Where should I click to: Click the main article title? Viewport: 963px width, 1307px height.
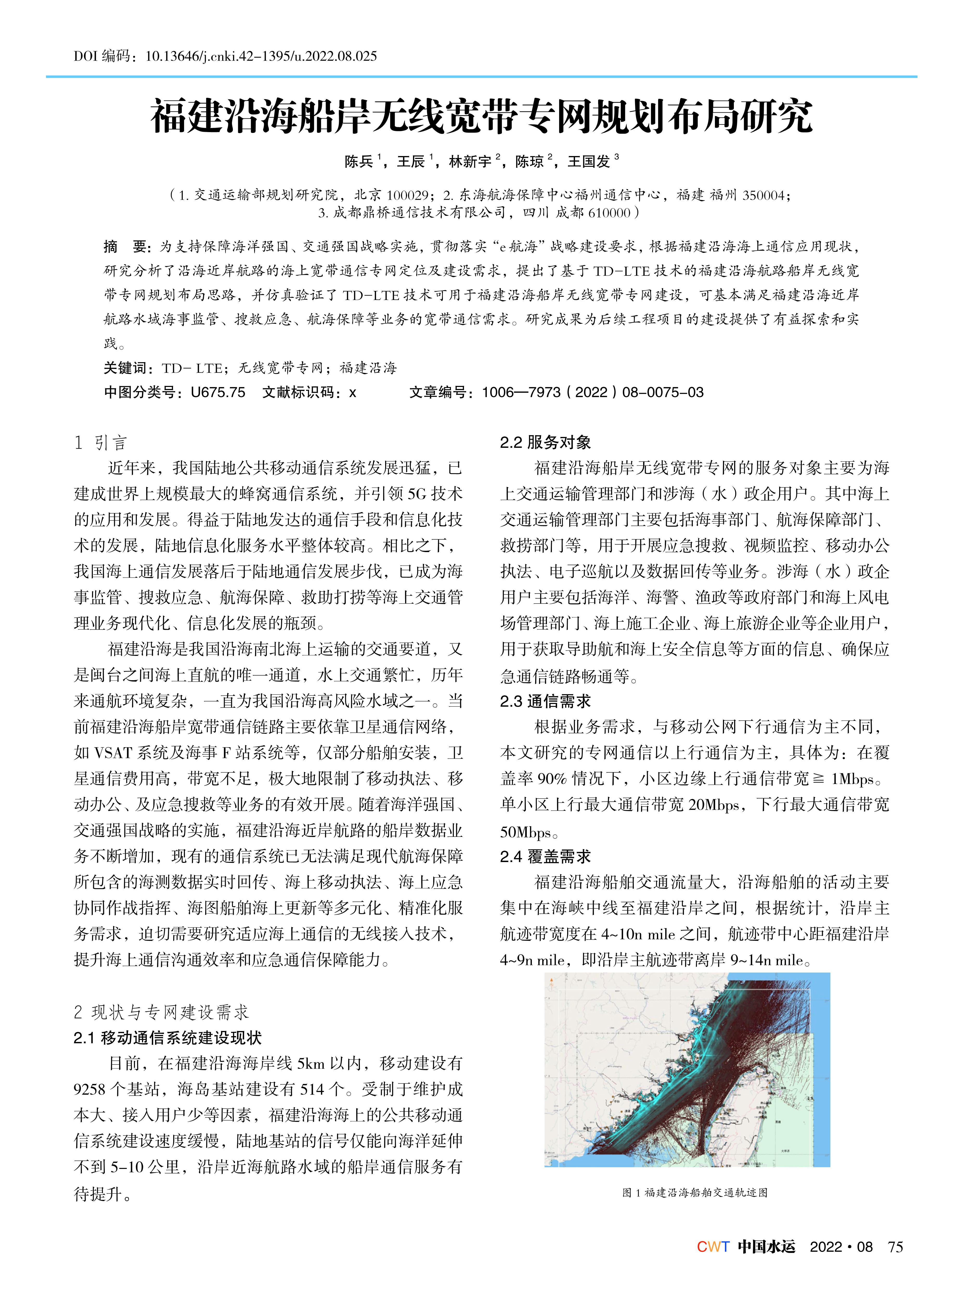point(482,117)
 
